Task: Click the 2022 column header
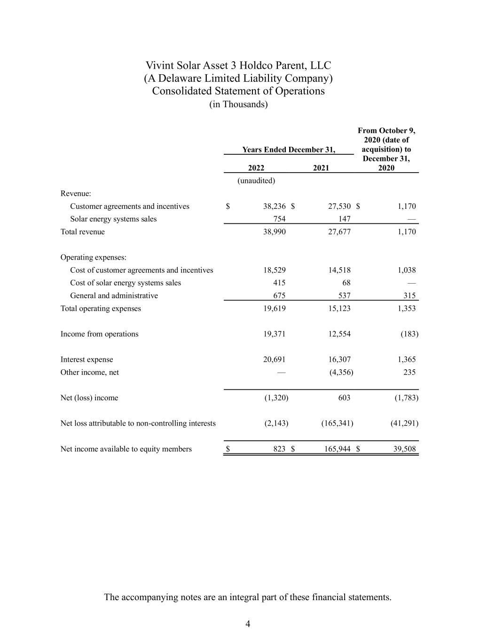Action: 256,168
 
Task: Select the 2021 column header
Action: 321,168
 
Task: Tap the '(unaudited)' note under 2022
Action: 256,181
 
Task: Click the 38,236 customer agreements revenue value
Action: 274,206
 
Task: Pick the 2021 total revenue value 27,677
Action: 339,232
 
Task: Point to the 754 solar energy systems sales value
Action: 279,219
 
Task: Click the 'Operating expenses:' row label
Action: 94,257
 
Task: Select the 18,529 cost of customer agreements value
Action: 274,270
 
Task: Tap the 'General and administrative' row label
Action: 114,296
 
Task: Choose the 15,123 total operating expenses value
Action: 339,309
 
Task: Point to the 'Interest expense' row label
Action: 87,359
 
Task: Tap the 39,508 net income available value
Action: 404,449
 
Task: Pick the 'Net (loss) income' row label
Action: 89,398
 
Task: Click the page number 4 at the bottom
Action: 248,624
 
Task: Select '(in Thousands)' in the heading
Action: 238,104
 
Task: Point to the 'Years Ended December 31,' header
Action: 289,150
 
